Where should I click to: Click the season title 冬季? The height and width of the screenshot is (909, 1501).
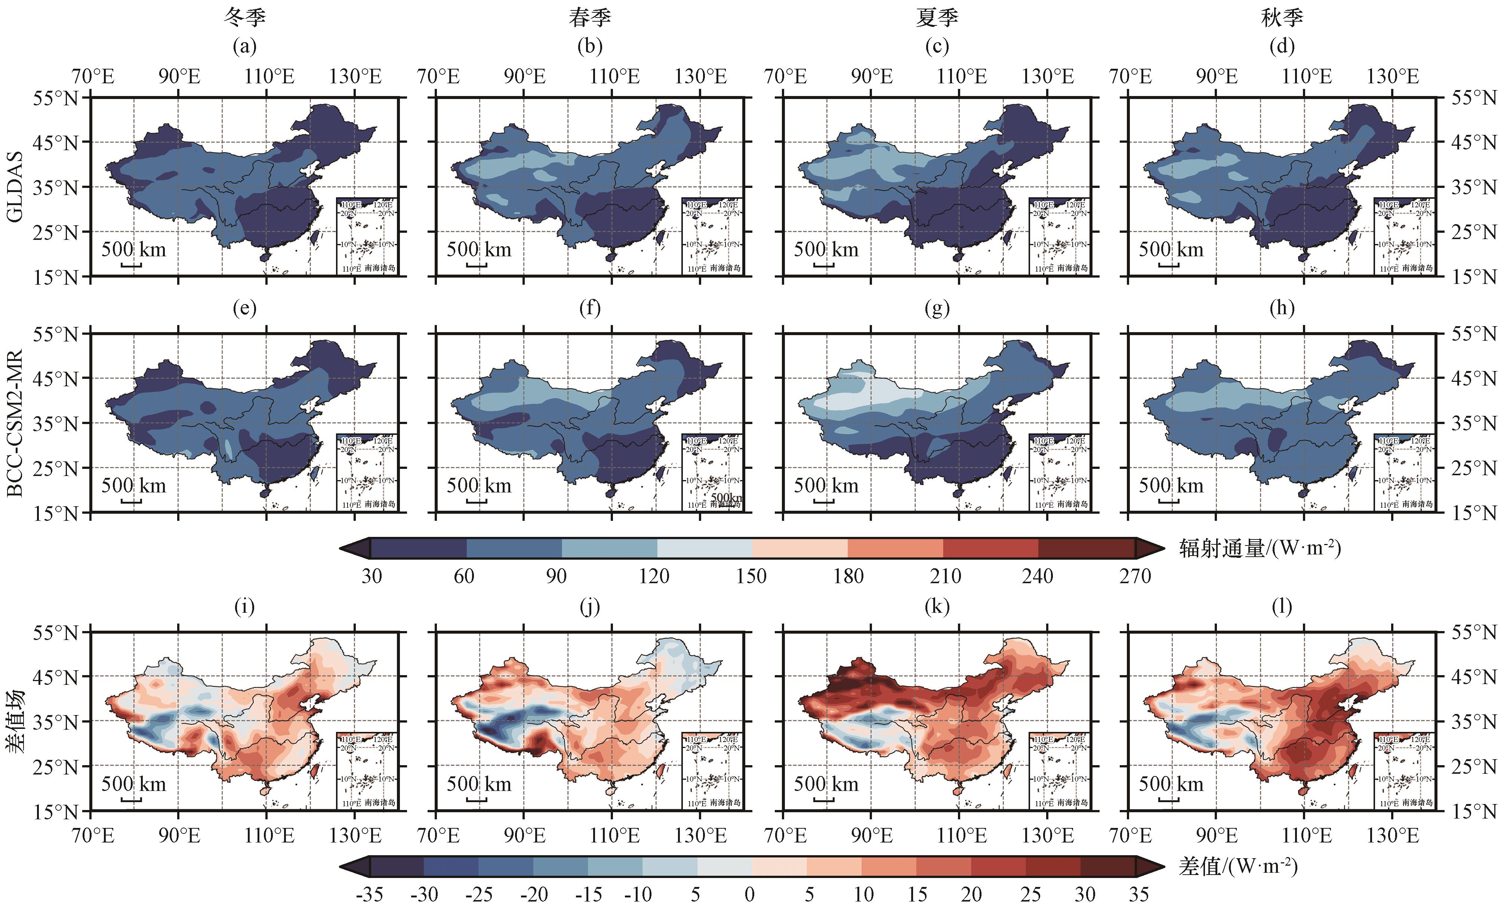244,17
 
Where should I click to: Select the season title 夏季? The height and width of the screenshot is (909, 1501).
937,17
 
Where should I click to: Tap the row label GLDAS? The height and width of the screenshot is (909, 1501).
15,186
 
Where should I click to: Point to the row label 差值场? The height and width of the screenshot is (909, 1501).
15,721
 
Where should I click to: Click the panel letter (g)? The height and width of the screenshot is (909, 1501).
937,308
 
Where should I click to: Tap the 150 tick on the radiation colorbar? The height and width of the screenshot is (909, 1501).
751,576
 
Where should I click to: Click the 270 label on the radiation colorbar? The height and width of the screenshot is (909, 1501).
1135,576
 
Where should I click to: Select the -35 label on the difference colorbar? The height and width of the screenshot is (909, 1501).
369,894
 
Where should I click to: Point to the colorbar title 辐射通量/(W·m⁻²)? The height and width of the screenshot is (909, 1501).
1260,548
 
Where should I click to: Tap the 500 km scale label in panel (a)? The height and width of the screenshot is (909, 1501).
133,250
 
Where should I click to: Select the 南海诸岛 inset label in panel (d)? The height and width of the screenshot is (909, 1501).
1417,268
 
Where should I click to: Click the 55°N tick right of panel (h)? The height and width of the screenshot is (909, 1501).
1474,334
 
